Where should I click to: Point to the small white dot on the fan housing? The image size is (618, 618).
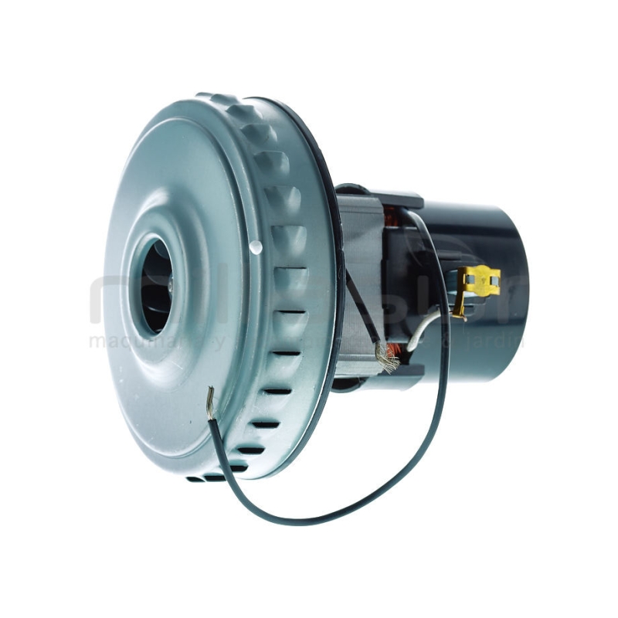point(256,247)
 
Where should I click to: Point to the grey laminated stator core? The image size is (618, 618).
point(363,255)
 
